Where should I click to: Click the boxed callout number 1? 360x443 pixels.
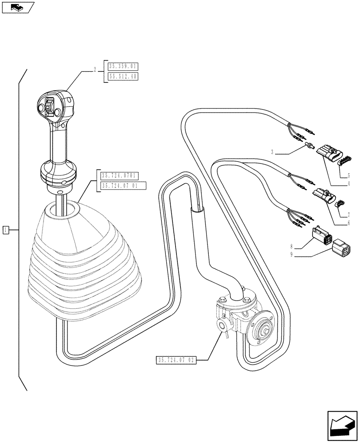click(x=6, y=229)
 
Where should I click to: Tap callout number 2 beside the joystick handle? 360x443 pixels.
click(x=95, y=70)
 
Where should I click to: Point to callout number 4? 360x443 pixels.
click(x=349, y=183)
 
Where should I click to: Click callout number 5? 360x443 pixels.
click(x=349, y=175)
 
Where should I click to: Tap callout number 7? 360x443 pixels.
click(x=349, y=215)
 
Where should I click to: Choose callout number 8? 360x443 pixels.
click(x=291, y=247)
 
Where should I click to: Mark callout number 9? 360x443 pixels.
click(x=291, y=255)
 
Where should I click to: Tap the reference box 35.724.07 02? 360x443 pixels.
click(x=176, y=360)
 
